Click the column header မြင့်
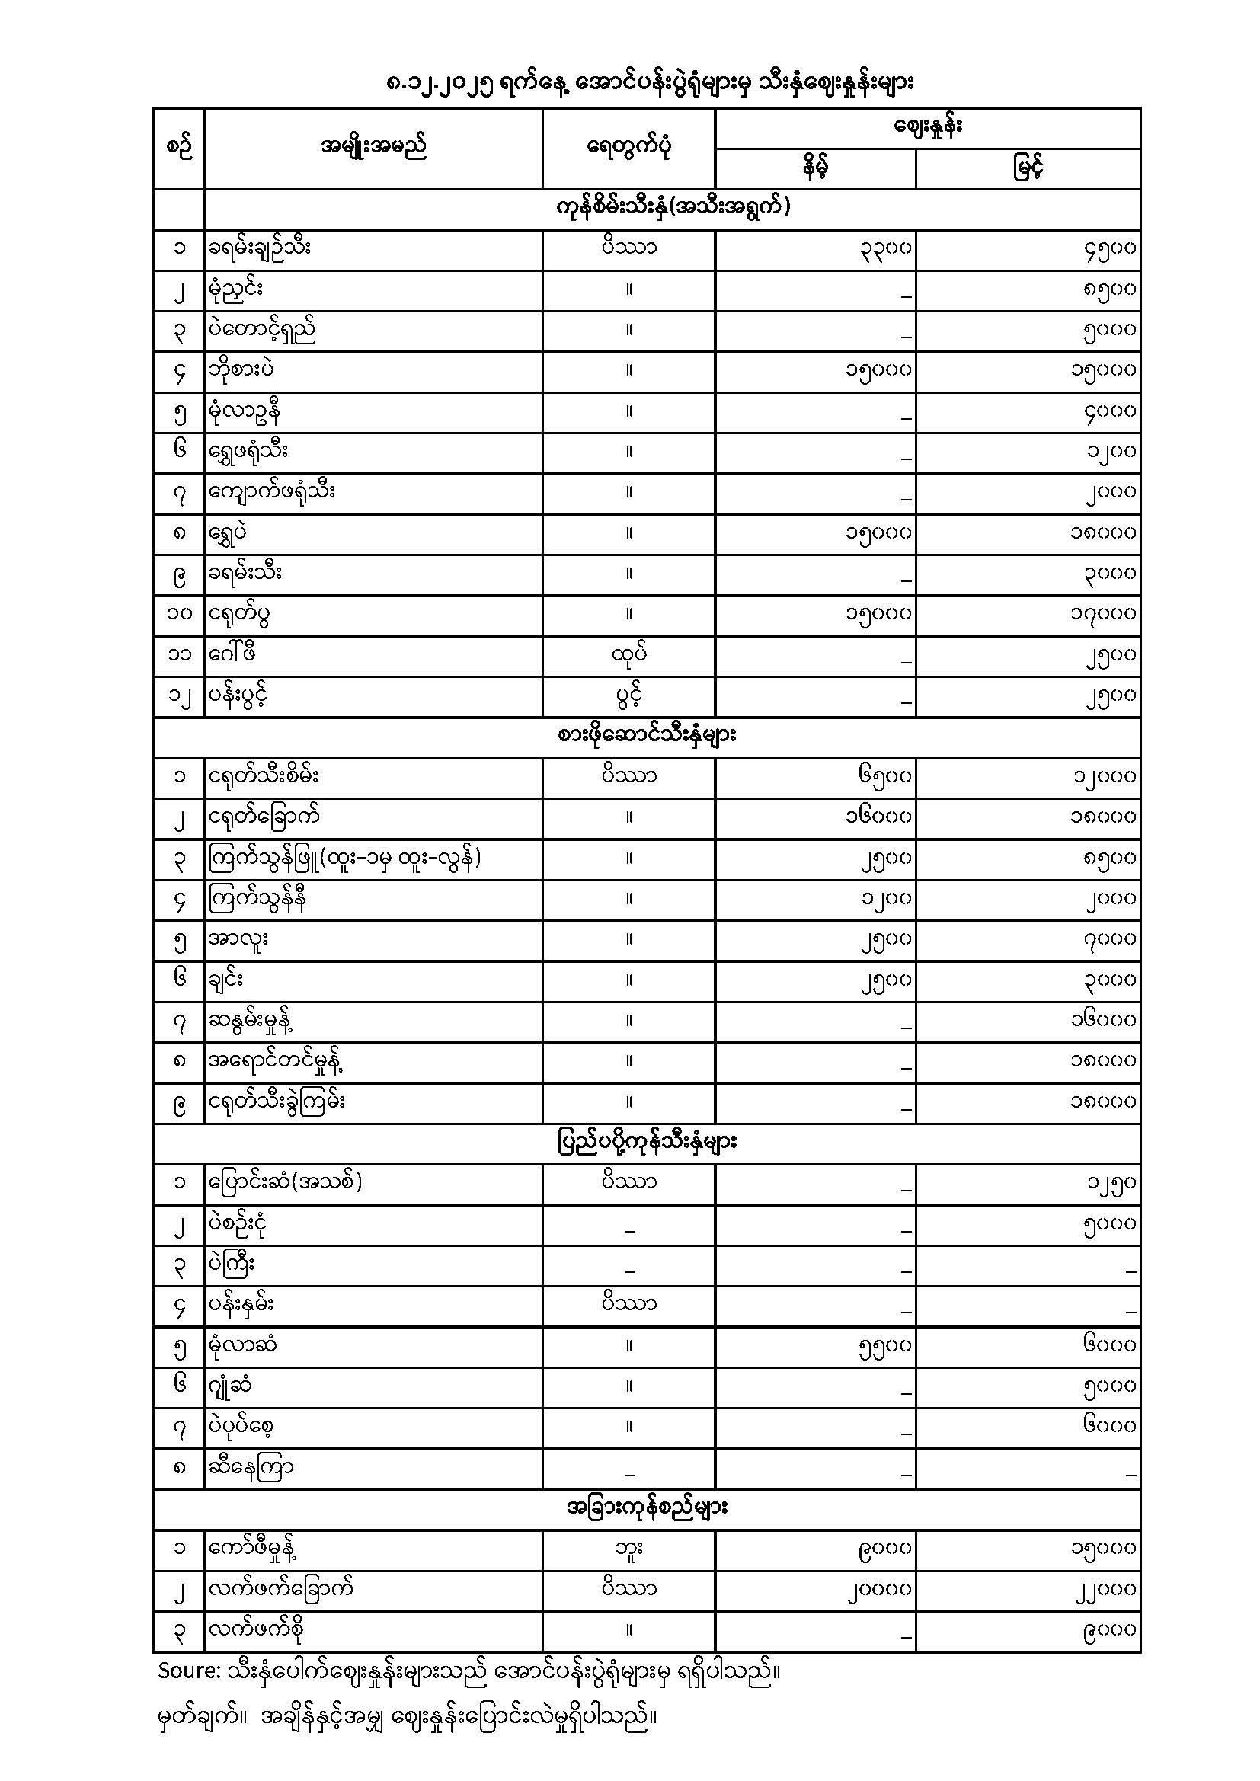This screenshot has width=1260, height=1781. [1028, 168]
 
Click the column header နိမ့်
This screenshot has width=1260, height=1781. [814, 168]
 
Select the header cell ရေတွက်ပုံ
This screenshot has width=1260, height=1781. [628, 147]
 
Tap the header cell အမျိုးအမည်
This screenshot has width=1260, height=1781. [373, 147]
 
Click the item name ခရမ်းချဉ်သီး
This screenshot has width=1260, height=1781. [259, 248]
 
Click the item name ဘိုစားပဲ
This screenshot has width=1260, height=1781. [241, 370]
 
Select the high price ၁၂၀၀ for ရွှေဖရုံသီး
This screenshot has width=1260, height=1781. [1111, 452]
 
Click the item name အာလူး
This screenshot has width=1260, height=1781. [238, 938]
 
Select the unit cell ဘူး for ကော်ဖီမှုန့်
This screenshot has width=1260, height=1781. [628, 1549]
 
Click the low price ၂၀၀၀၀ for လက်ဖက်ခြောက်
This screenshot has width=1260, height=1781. [878, 1589]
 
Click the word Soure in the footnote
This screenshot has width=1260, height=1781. [185, 1670]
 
